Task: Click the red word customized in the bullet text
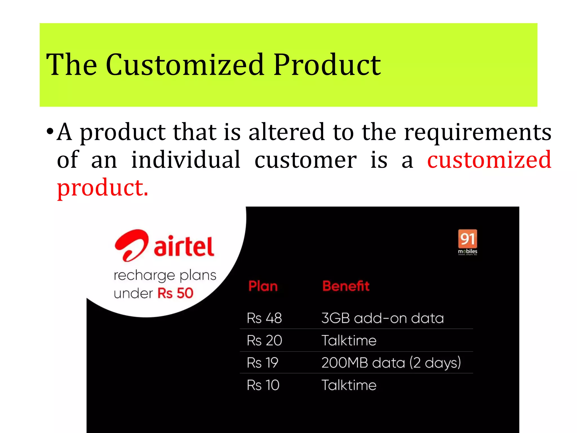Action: tap(489, 160)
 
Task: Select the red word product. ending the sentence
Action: tap(103, 188)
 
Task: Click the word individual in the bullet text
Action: tap(186, 160)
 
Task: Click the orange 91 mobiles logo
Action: tap(467, 242)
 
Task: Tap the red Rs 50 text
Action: tap(175, 293)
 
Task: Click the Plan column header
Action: tap(263, 286)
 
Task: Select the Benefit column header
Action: tap(346, 286)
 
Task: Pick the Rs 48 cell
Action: tap(264, 318)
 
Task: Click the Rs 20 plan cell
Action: tap(264, 340)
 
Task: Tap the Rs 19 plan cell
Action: tap(262, 363)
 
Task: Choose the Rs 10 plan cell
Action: tap(263, 385)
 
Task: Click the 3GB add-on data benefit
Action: tap(382, 318)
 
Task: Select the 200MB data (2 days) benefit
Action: tap(391, 363)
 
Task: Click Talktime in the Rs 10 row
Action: tap(349, 385)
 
